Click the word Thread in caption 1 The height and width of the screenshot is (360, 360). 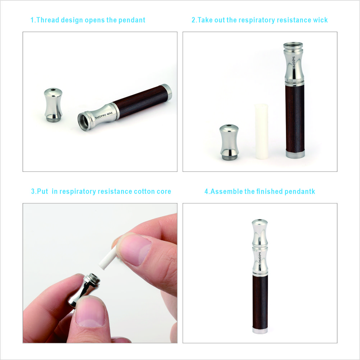click(47, 20)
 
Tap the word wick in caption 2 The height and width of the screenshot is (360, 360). click(320, 20)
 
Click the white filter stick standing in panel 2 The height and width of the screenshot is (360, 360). click(261, 131)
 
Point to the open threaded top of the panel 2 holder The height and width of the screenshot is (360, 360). click(293, 46)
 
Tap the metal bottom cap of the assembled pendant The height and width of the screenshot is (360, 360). click(259, 331)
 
